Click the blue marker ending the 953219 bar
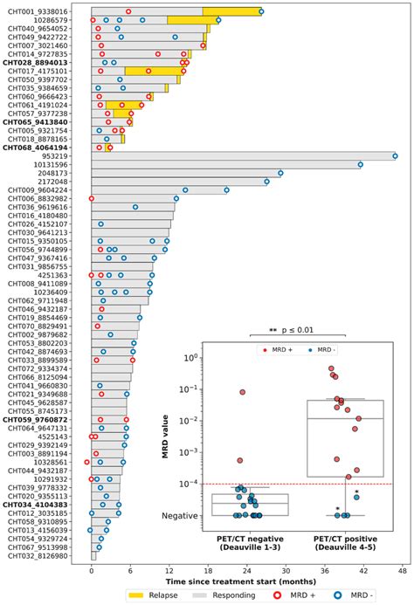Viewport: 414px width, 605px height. [x=395, y=155]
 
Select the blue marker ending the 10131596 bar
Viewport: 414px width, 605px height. [x=360, y=164]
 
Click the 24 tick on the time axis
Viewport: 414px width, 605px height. [x=247, y=571]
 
